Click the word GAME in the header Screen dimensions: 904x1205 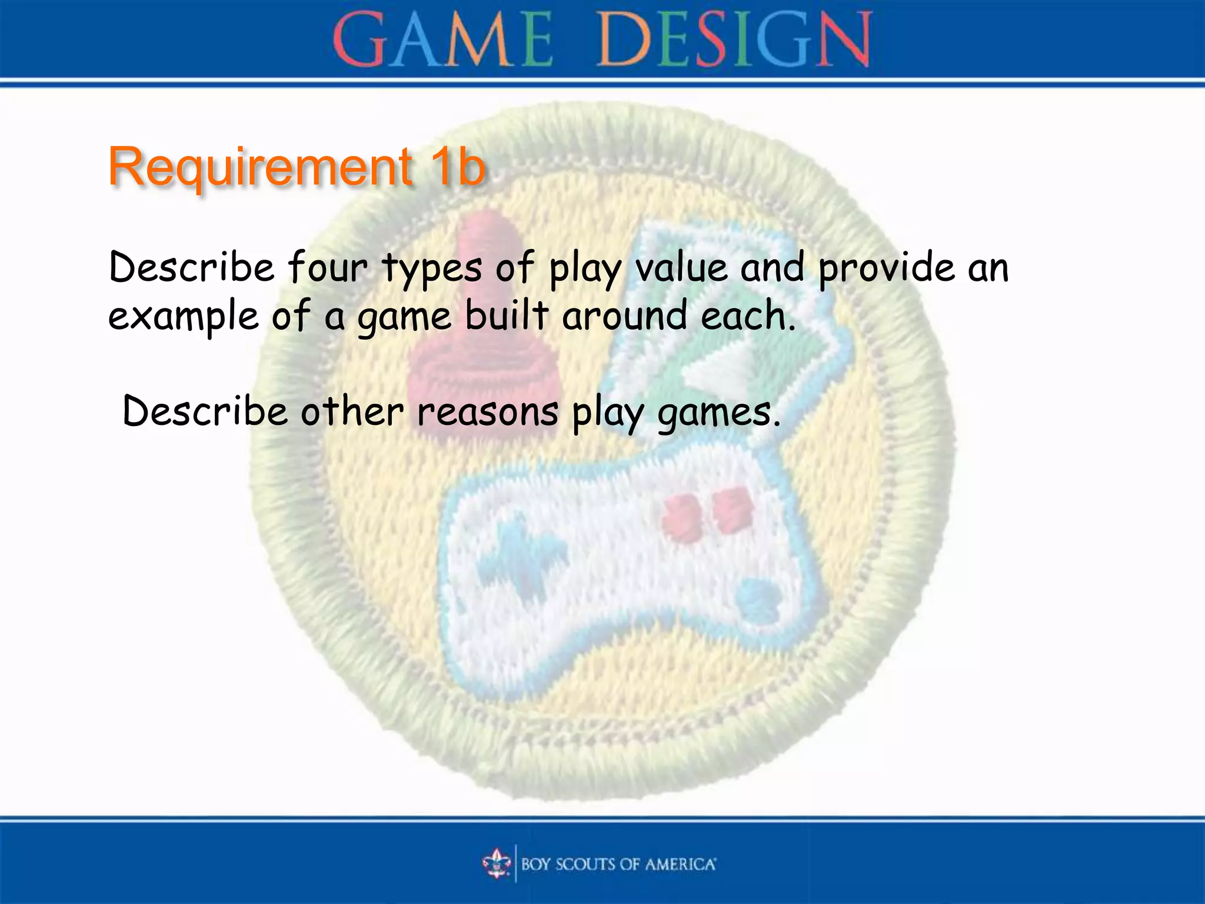[442, 40]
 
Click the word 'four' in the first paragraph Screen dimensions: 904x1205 [327, 268]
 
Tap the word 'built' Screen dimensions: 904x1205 [507, 315]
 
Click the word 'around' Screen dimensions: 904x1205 [624, 315]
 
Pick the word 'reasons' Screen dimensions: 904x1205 [488, 412]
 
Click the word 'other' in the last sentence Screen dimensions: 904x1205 [352, 412]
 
